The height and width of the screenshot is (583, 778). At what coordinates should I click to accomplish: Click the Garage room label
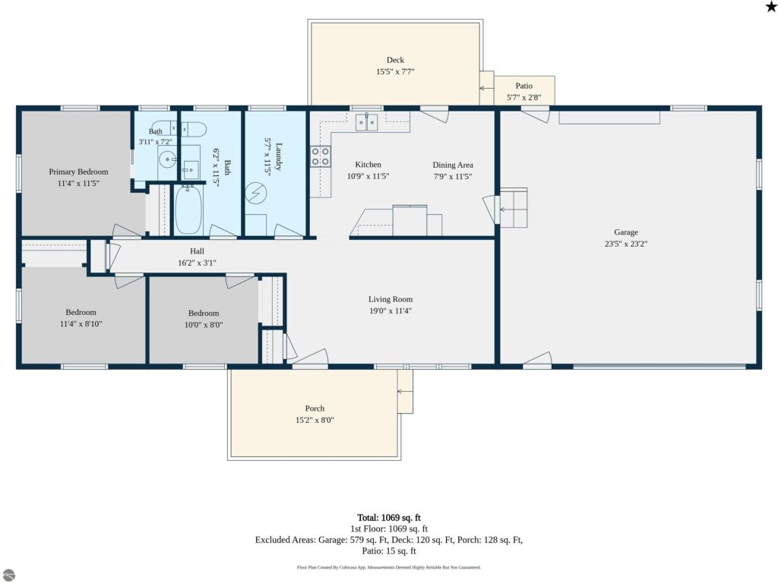pyautogui.click(x=626, y=232)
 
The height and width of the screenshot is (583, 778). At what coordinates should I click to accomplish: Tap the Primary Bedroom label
pyautogui.click(x=78, y=172)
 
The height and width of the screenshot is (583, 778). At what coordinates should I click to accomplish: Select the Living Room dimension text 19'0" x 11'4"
pyautogui.click(x=390, y=310)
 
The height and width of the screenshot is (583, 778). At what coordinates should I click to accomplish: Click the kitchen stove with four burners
pyautogui.click(x=321, y=156)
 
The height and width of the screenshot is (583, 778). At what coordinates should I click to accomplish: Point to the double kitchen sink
pyautogui.click(x=367, y=122)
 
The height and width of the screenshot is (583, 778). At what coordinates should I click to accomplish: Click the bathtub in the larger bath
pyautogui.click(x=188, y=210)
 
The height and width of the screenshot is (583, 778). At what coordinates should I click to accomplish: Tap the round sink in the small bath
pyautogui.click(x=167, y=159)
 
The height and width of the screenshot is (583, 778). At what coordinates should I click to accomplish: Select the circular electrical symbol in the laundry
pyautogui.click(x=256, y=194)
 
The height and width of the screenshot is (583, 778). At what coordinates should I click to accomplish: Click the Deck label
pyautogui.click(x=395, y=60)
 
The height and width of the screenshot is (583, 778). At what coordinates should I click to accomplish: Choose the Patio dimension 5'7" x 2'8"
pyautogui.click(x=524, y=98)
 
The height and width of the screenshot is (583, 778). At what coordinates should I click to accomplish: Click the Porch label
pyautogui.click(x=315, y=408)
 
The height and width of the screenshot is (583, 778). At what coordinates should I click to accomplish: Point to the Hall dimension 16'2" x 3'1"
pyautogui.click(x=197, y=263)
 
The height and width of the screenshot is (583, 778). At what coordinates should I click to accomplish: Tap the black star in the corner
pyautogui.click(x=771, y=6)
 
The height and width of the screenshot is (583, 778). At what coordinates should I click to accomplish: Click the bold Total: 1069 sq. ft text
pyautogui.click(x=389, y=518)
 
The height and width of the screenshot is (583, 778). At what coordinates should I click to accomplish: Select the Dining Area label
pyautogui.click(x=453, y=165)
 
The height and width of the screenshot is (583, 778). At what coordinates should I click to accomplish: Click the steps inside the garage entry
pyautogui.click(x=514, y=208)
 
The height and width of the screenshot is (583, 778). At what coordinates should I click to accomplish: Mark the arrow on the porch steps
pyautogui.click(x=405, y=392)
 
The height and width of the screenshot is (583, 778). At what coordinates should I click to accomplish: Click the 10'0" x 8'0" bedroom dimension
pyautogui.click(x=204, y=325)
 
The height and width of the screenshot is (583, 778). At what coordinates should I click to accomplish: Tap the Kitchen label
pyautogui.click(x=368, y=165)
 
